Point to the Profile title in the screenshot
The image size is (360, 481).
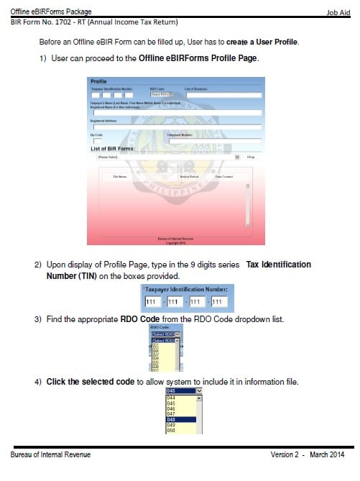tap(98, 81)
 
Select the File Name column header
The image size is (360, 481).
tap(120, 176)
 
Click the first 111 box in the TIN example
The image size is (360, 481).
tap(152, 302)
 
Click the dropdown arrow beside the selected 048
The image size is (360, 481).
tap(199, 391)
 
